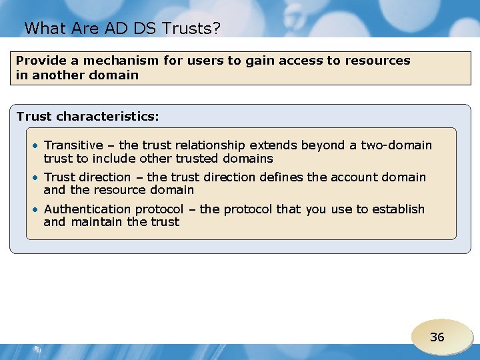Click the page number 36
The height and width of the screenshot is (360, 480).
pyautogui.click(x=437, y=337)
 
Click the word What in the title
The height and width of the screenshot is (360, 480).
pyautogui.click(x=43, y=28)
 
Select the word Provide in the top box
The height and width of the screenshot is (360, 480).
pyautogui.click(x=39, y=61)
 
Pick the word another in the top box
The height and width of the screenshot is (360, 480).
pyautogui.click(x=56, y=75)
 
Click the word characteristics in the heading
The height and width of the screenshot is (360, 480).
pyautogui.click(x=107, y=117)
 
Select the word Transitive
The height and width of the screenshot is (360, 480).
pyautogui.click(x=73, y=145)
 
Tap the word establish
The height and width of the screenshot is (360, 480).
pyautogui.click(x=398, y=209)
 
